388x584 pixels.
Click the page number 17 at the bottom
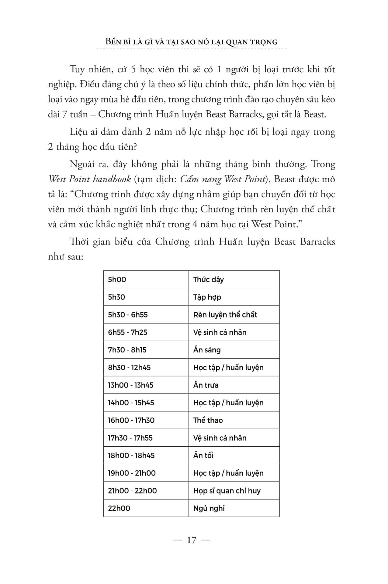192,540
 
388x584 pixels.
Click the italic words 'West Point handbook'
90,179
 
